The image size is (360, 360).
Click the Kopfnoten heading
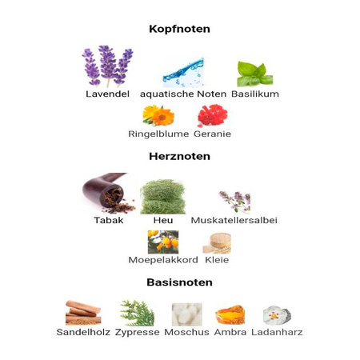179,29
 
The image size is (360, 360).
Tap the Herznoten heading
179,156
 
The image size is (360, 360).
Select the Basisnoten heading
179,282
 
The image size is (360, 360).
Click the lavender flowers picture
107,66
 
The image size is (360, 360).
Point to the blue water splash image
183,73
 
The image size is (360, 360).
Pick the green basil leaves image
255,74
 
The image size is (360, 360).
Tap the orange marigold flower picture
158,115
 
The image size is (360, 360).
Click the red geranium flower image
213,115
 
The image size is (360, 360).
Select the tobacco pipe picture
109,193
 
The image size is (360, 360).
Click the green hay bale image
162,197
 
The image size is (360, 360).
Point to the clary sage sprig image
234,202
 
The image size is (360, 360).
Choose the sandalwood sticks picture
83,313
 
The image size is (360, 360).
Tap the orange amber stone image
230,314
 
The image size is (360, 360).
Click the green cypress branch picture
138,313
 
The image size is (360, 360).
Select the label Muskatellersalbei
234,220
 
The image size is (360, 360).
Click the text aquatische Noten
183,94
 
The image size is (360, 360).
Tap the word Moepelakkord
163,260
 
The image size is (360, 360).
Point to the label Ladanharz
277,332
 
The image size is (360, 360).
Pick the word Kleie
217,260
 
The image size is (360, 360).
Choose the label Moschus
186,332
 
